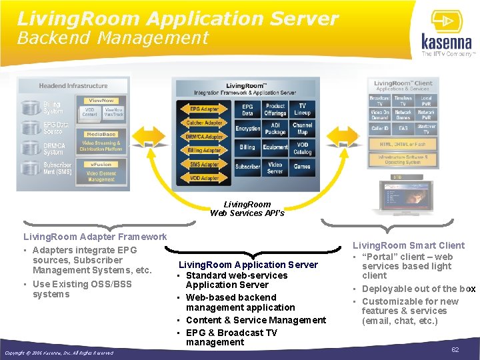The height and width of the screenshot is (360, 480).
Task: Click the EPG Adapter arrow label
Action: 203,109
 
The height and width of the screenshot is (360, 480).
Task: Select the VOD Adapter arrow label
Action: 203,178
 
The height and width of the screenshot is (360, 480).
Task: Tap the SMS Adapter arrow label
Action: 203,164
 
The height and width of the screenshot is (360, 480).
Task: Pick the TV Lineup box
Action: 303,109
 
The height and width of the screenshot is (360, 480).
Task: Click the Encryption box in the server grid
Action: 247,128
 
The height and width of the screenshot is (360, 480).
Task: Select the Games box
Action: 302,166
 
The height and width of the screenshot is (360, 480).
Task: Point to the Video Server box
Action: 275,166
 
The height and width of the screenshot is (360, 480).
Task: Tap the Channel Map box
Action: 303,128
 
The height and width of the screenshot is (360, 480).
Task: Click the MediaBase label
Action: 101,134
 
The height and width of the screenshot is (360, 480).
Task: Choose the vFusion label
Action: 101,164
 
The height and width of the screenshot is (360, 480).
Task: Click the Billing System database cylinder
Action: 30,107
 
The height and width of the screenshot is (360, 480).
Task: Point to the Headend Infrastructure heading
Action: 73,86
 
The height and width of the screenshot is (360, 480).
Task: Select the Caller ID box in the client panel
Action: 379,129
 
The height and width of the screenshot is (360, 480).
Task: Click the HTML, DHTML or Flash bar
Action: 403,144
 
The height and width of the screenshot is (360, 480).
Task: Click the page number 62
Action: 455,349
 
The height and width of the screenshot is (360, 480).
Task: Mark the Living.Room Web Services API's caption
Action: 247,209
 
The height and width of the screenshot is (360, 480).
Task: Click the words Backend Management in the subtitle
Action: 113,38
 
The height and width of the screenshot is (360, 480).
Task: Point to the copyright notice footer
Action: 59,353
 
